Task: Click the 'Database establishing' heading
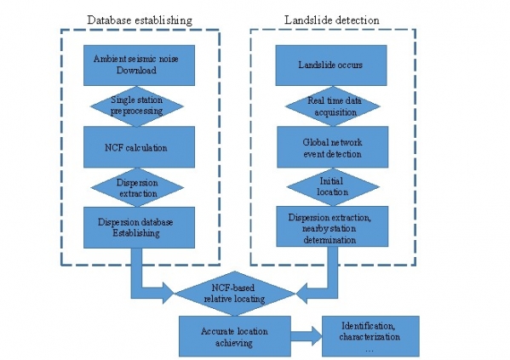(x=140, y=20)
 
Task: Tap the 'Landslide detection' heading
(x=332, y=20)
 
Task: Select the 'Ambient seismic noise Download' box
(x=140, y=66)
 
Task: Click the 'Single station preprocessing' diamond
(x=136, y=106)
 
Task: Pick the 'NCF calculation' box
(x=140, y=147)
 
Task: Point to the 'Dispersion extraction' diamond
(x=137, y=187)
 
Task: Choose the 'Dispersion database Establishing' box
(x=140, y=227)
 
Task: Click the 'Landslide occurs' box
(x=331, y=66)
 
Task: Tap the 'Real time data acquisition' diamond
(x=333, y=106)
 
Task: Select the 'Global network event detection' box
(x=332, y=147)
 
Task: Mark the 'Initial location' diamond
(x=333, y=186)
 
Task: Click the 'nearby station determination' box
(x=332, y=226)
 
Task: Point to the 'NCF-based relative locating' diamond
(x=235, y=294)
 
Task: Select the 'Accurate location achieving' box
(x=235, y=336)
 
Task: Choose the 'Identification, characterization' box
(x=370, y=336)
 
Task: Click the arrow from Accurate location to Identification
(x=307, y=336)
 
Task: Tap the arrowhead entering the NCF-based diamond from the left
(x=169, y=294)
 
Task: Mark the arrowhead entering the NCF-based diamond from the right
(x=301, y=294)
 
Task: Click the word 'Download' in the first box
(x=136, y=71)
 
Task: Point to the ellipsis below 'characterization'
(x=370, y=351)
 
